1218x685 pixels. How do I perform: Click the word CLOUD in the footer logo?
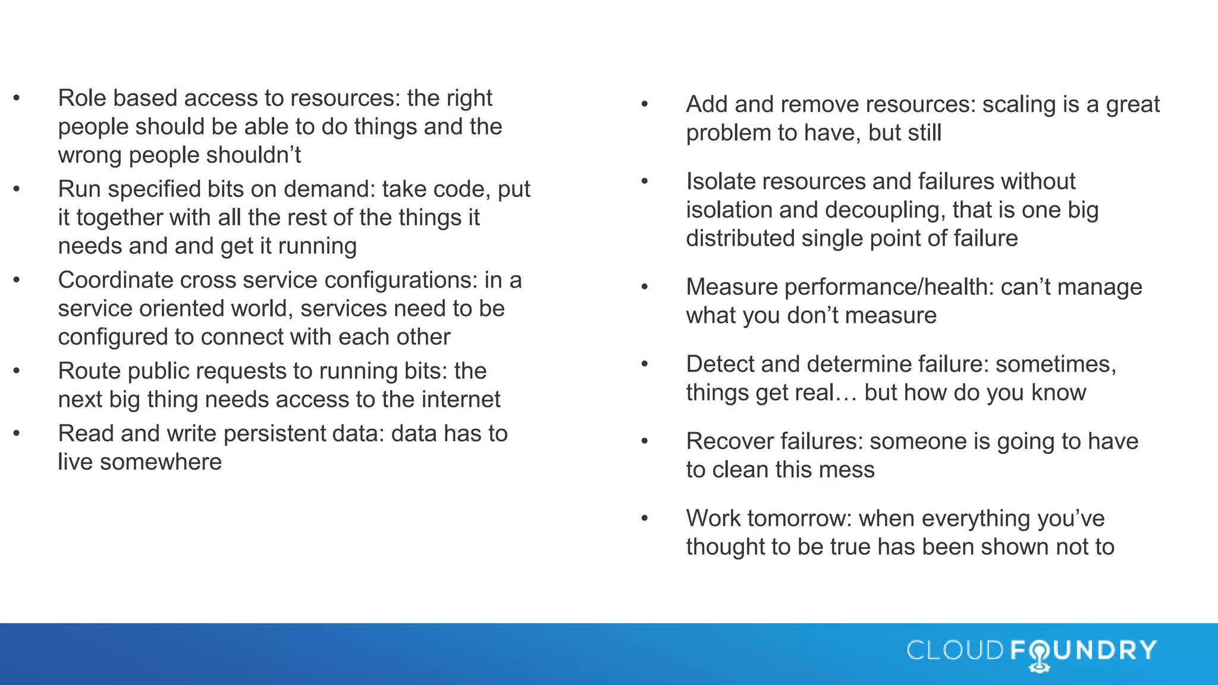pos(955,650)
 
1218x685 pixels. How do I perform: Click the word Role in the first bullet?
pos(81,98)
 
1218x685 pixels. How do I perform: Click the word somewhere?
pos(161,462)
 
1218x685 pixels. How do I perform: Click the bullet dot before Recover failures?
pos(645,441)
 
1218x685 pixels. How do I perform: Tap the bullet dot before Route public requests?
pos(17,371)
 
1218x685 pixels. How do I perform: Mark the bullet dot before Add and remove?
pos(645,105)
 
